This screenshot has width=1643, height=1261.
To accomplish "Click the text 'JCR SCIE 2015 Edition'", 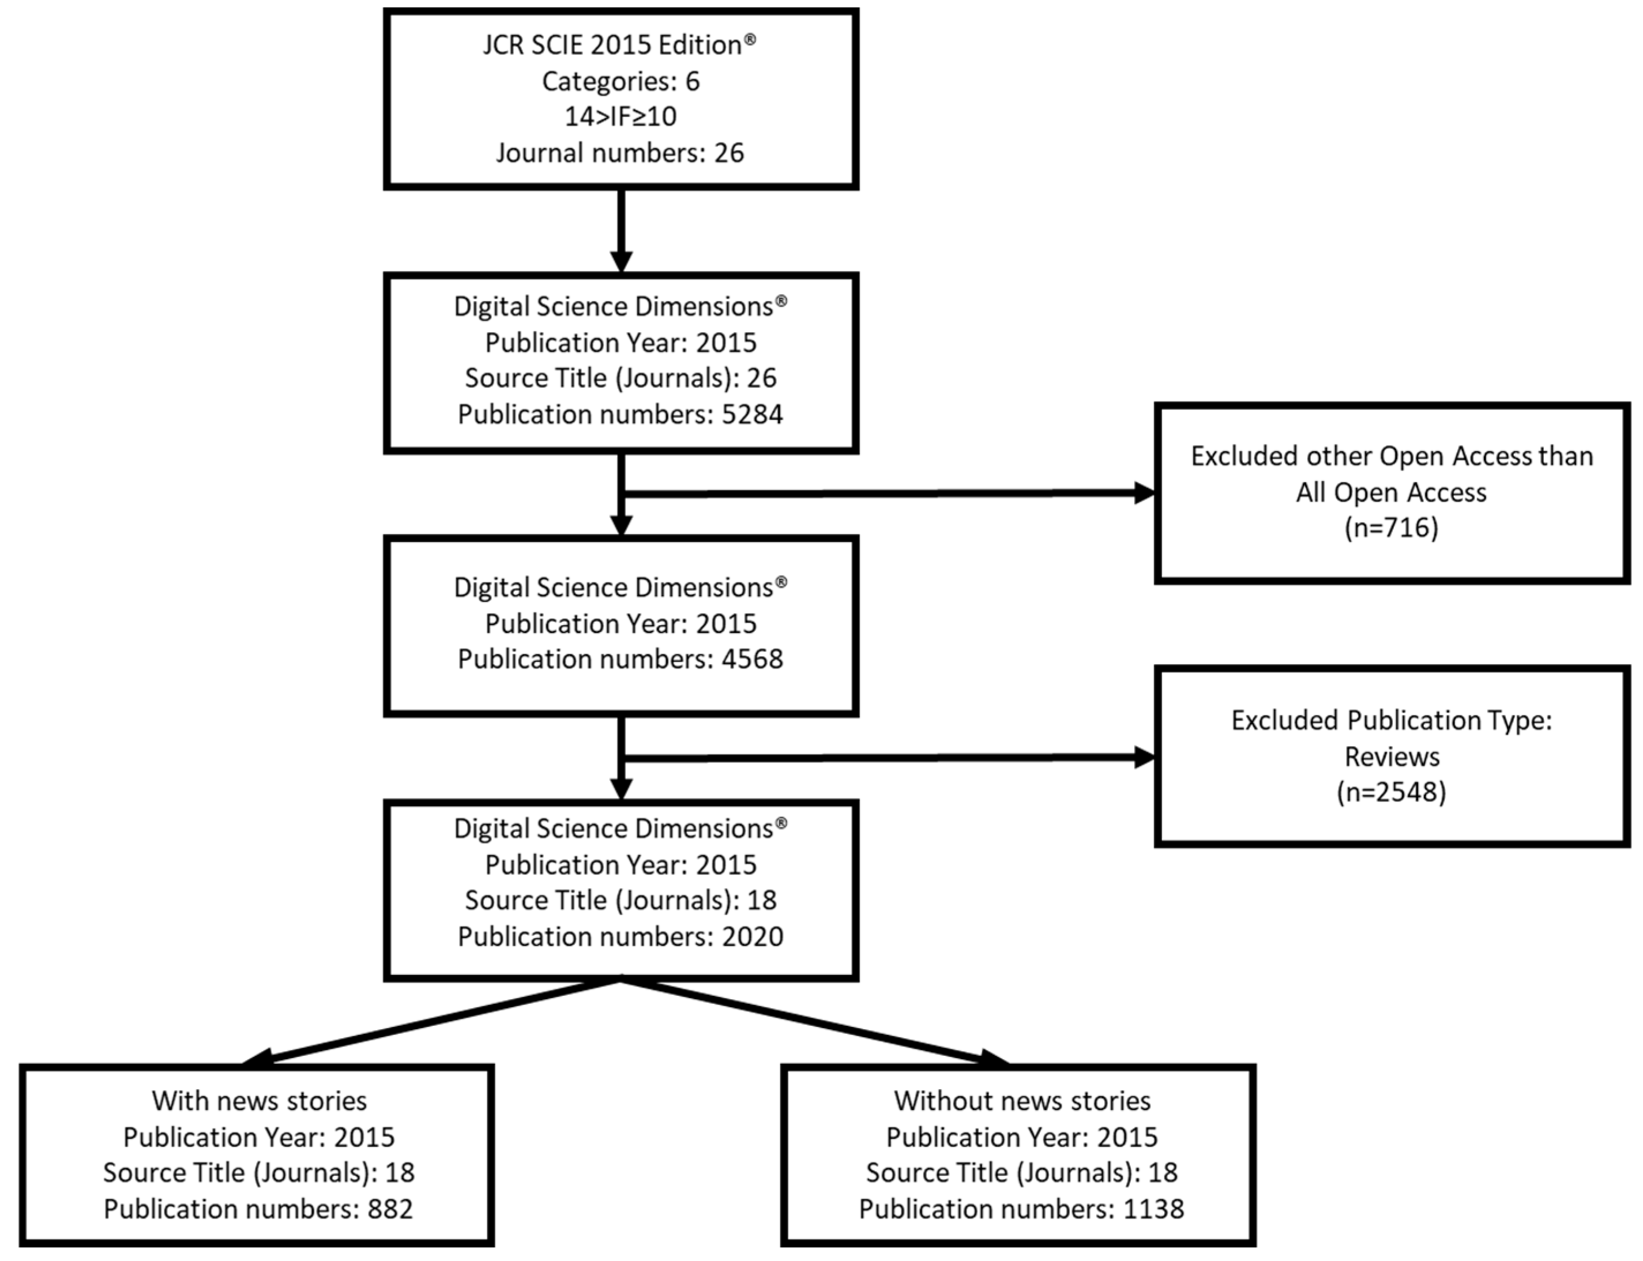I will pyautogui.click(x=612, y=45).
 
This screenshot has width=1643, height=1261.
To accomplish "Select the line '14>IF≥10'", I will pyautogui.click(x=620, y=116).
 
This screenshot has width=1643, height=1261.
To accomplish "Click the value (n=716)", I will pyautogui.click(x=1391, y=528).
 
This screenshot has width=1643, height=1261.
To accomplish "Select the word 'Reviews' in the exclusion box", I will pyautogui.click(x=1391, y=756).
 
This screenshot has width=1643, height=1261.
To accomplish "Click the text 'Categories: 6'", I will pyautogui.click(x=620, y=81).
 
